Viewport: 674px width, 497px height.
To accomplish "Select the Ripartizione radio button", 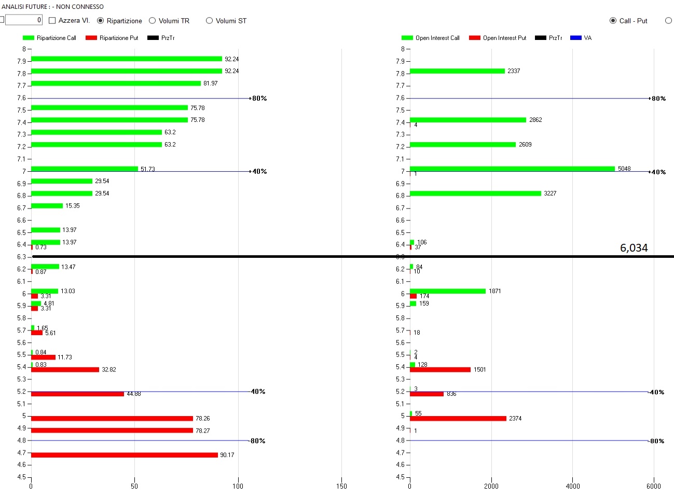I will (101, 21).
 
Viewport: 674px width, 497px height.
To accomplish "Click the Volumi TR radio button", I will (153, 21).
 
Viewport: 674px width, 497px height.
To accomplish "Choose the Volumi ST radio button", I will (210, 21).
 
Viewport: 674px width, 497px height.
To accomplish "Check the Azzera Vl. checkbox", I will (52, 21).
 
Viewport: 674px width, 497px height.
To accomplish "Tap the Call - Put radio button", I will (613, 21).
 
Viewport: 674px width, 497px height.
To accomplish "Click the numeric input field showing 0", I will (24, 20).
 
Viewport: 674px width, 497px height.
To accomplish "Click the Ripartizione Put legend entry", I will (112, 38).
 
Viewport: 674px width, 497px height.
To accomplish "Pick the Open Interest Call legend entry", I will (431, 38).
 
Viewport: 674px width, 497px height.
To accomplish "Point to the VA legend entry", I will (581, 38).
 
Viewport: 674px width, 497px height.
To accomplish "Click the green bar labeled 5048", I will (512, 169).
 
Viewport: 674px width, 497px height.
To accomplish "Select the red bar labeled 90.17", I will (125, 455).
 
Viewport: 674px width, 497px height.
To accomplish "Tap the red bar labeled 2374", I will (458, 418).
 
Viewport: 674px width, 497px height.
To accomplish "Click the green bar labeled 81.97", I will (116, 84).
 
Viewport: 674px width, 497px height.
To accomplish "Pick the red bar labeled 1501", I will (440, 369).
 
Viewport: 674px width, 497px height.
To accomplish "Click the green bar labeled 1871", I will (448, 291).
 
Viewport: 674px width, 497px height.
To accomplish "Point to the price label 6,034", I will (634, 248).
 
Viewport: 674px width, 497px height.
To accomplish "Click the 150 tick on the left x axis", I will (341, 486).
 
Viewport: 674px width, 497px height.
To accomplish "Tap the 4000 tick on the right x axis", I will (572, 486).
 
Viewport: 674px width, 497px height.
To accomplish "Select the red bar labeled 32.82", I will (65, 369).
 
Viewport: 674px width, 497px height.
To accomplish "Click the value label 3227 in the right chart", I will (550, 194).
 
